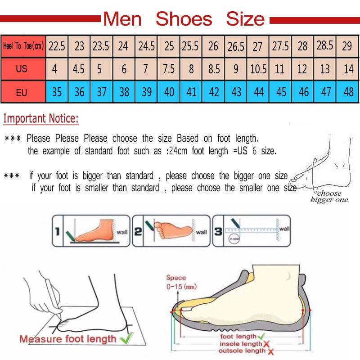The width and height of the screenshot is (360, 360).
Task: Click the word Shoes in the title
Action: [x=184, y=19]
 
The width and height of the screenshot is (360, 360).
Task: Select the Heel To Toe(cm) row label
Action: [x=23, y=46]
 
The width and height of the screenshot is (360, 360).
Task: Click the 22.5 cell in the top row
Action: [x=57, y=46]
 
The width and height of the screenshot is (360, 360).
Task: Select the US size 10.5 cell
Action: [x=258, y=69]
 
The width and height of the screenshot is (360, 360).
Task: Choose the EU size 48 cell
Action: [x=348, y=92]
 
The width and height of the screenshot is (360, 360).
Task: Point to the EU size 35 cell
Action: [x=57, y=92]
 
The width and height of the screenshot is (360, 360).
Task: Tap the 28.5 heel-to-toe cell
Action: [x=325, y=45]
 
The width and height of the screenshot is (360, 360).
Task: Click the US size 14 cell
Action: [x=348, y=69]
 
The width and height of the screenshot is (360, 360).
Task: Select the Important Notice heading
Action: [x=41, y=119]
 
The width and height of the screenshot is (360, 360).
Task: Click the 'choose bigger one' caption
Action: [x=329, y=197]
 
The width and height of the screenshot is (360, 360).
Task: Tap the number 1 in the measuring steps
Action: [x=58, y=232]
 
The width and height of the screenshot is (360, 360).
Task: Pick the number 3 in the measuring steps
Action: [x=218, y=232]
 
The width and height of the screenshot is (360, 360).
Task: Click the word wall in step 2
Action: [x=201, y=232]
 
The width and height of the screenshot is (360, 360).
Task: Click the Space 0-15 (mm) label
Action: [x=181, y=282]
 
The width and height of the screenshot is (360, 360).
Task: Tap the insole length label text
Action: [x=239, y=343]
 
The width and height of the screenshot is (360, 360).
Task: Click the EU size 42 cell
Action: [x=214, y=92]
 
